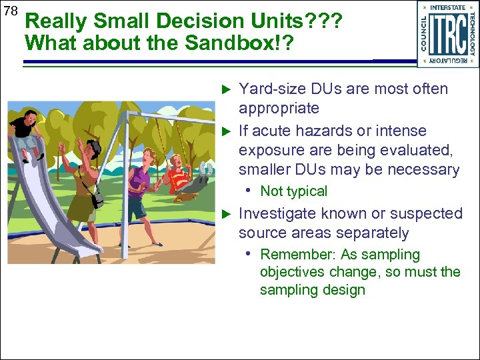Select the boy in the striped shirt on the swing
[178, 172]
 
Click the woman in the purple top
[141, 187]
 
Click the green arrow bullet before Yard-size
[225, 89]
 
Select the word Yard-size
[269, 89]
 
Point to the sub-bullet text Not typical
[293, 191]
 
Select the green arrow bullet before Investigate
[225, 214]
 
